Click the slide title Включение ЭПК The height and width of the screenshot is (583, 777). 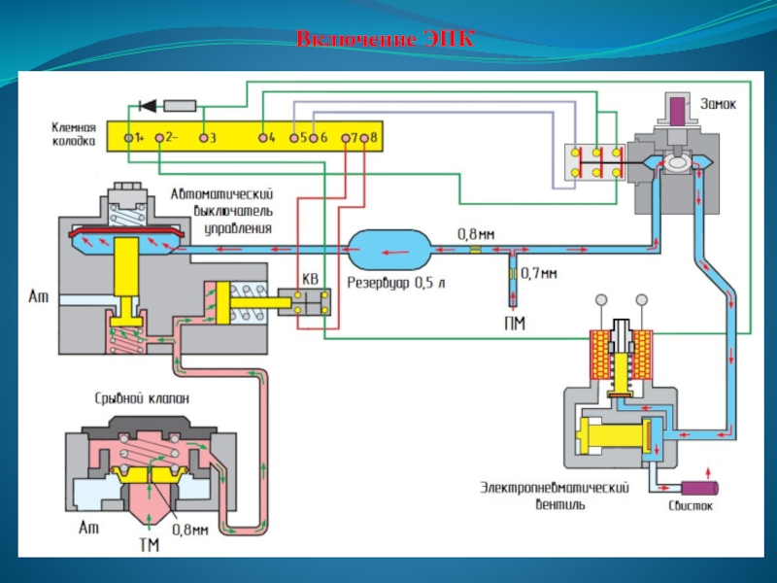[387, 40]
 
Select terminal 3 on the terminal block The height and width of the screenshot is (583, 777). [204, 138]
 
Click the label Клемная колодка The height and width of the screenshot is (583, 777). [74, 133]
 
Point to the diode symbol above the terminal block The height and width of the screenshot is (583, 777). [149, 104]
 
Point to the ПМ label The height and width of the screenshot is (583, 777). [515, 323]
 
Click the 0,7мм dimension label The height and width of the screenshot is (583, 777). [539, 274]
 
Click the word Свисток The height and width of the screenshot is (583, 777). [691, 506]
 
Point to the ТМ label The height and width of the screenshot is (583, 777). [149, 546]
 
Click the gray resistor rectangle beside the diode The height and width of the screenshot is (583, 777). [182, 104]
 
